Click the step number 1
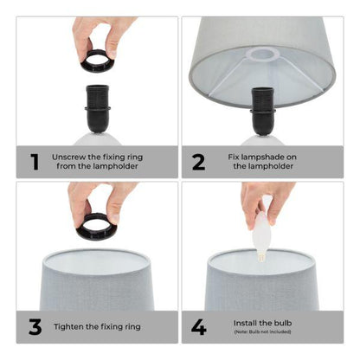pos(35,160)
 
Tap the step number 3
pos(35,326)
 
